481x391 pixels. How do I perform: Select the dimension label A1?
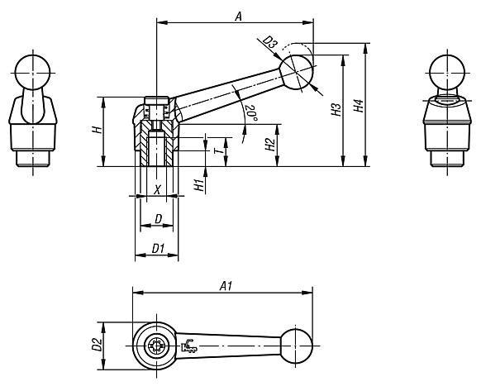[x=224, y=285]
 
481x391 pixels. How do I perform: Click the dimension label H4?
[x=357, y=106]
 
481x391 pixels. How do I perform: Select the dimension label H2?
[x=269, y=145]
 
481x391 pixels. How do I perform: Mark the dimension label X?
[x=158, y=190]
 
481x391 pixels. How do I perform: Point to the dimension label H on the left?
[x=96, y=130]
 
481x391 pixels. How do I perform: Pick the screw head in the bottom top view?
[x=154, y=346]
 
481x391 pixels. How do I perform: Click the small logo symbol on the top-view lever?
[x=189, y=346]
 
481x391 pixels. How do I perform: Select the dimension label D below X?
[x=156, y=219]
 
